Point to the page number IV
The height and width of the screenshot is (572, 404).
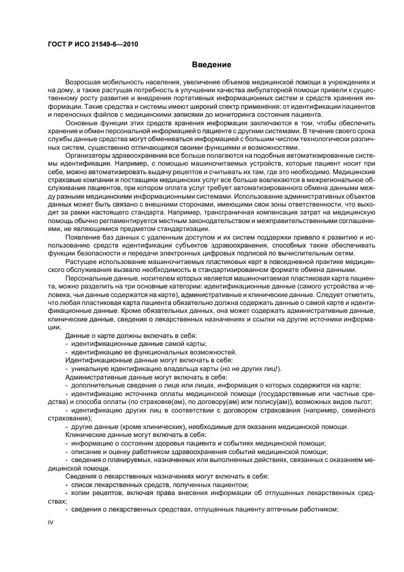click(51, 524)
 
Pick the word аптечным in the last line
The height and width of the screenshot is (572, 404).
click(281, 510)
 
